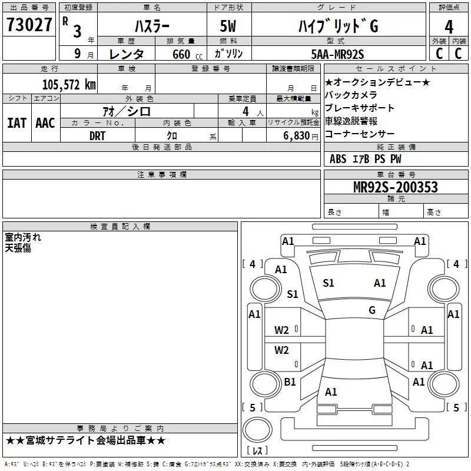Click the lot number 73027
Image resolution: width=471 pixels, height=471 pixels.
point(29,24)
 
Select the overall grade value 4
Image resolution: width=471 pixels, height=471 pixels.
point(449,27)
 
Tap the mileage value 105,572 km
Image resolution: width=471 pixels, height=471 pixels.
point(69,85)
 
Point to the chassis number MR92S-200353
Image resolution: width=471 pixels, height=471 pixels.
point(396,187)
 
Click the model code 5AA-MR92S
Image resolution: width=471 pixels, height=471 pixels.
point(337,54)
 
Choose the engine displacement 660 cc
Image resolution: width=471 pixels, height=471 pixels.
point(187,55)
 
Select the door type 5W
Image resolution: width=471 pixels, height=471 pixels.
point(228,26)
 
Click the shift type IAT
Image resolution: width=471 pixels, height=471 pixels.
point(17,123)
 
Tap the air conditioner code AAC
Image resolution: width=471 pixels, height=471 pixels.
point(45,123)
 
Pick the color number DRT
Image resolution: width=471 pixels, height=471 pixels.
point(97,136)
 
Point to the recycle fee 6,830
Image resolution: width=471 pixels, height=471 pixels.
point(297,136)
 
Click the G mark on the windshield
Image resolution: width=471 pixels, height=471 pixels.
point(372,310)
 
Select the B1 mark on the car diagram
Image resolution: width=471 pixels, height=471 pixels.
point(290,382)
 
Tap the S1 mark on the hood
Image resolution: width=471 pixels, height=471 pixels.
point(329,283)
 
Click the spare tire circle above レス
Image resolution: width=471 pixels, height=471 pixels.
point(257,430)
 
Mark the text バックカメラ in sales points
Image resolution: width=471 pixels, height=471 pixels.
point(351,95)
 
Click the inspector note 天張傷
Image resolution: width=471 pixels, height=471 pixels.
point(18,248)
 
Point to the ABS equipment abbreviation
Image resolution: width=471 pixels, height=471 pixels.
point(338,159)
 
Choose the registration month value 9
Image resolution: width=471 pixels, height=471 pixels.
point(78,54)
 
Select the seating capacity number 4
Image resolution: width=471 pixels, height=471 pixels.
point(246,111)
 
